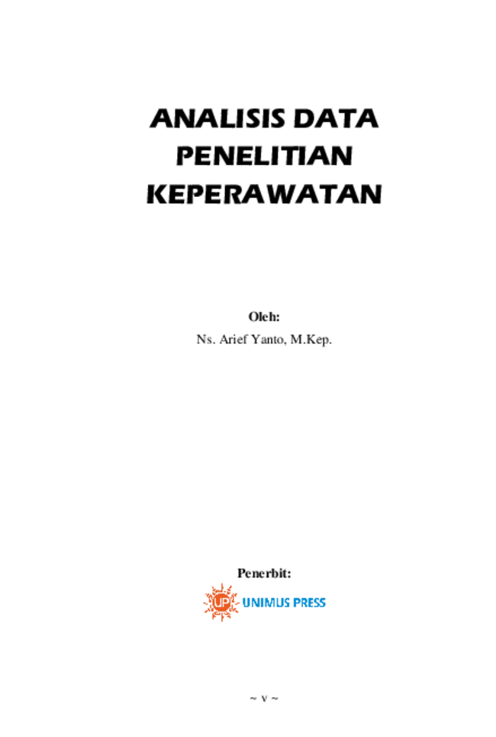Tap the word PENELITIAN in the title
coord(265,156)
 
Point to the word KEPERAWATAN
coord(265,194)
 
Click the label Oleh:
coord(264,317)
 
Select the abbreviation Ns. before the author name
coord(206,339)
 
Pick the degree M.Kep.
coord(311,340)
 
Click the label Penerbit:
coord(264,573)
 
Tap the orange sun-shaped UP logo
coord(221,602)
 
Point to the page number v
coord(264,699)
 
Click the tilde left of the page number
coord(253,699)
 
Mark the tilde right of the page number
coord(275,699)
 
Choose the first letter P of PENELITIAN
coord(185,156)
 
